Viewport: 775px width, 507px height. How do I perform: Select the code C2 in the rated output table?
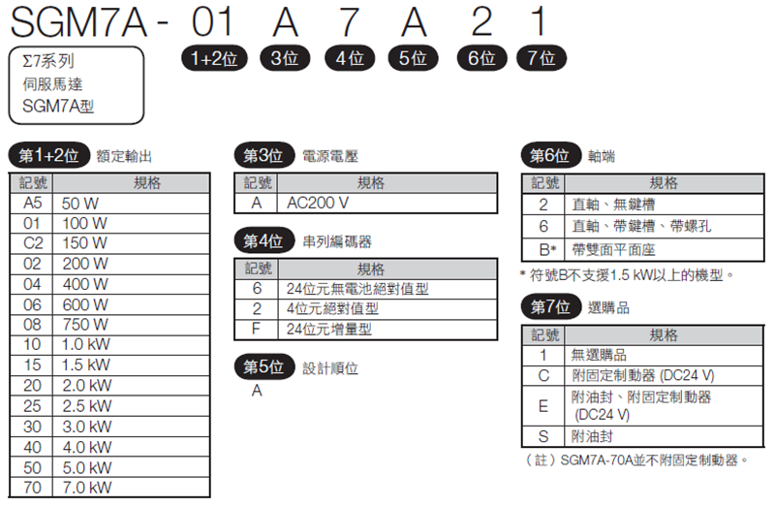click(x=33, y=243)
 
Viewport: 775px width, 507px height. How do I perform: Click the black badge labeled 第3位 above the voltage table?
click(x=263, y=156)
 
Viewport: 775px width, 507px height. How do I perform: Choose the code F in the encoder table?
click(x=256, y=329)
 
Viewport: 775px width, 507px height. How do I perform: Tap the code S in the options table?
click(x=543, y=436)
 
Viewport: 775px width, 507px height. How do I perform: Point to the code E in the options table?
click(x=543, y=406)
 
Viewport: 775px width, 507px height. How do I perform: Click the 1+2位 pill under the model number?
click(x=214, y=58)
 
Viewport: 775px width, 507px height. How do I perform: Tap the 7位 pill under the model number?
click(x=542, y=58)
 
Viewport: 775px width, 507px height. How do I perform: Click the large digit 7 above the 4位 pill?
click(x=349, y=22)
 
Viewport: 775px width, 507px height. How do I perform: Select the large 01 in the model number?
click(x=212, y=22)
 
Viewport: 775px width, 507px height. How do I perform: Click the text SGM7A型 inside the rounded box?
click(x=58, y=106)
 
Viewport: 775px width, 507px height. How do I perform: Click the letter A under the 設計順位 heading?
click(x=257, y=391)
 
